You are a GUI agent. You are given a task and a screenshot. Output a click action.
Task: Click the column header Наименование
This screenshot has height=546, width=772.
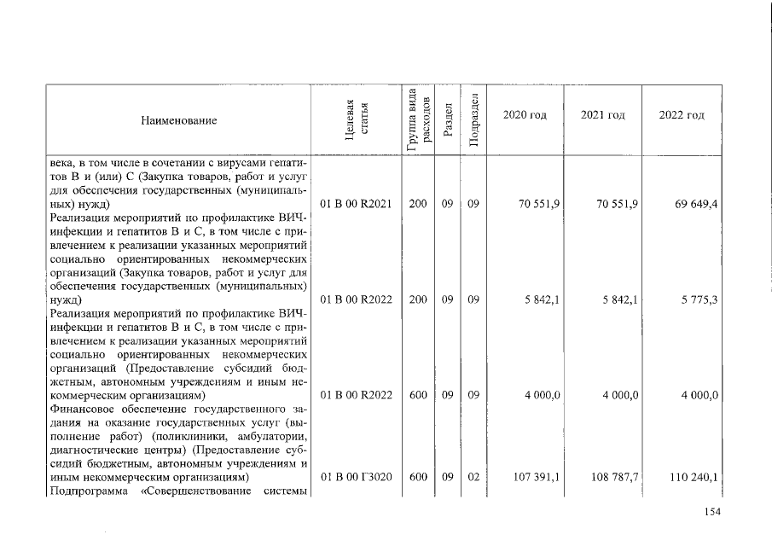tap(179, 120)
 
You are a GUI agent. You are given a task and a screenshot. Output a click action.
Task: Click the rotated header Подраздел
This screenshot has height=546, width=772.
tap(473, 120)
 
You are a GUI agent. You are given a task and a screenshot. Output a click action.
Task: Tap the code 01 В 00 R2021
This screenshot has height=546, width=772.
tap(356, 206)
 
